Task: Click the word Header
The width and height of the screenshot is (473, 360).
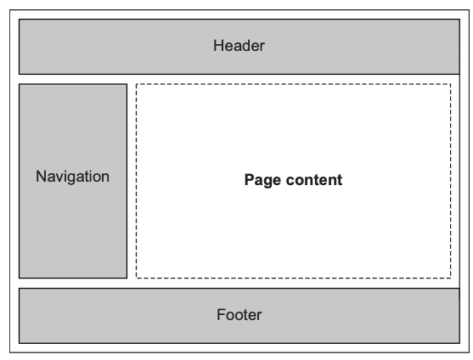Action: pyautogui.click(x=239, y=46)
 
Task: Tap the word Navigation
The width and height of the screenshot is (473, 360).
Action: pyautogui.click(x=73, y=177)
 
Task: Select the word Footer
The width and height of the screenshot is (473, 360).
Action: pyautogui.click(x=239, y=315)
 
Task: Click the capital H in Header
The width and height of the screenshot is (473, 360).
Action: pyautogui.click(x=218, y=46)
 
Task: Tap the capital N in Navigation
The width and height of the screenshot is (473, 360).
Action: pyautogui.click(x=41, y=177)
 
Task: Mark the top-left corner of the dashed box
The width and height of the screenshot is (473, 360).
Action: pyautogui.click(x=137, y=84)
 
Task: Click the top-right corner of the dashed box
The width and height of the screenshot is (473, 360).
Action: pyautogui.click(x=451, y=84)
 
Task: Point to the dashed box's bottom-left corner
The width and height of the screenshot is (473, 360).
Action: pyautogui.click(x=137, y=278)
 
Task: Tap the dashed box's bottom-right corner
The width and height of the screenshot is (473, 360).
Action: pyautogui.click(x=451, y=278)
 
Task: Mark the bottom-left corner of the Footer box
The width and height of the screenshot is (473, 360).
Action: pyautogui.click(x=19, y=342)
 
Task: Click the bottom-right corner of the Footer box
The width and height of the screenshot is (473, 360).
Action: pyautogui.click(x=460, y=342)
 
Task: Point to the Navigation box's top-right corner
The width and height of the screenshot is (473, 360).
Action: pyautogui.click(x=127, y=84)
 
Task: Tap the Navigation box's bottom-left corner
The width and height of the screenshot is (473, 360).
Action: pyautogui.click(x=19, y=278)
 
